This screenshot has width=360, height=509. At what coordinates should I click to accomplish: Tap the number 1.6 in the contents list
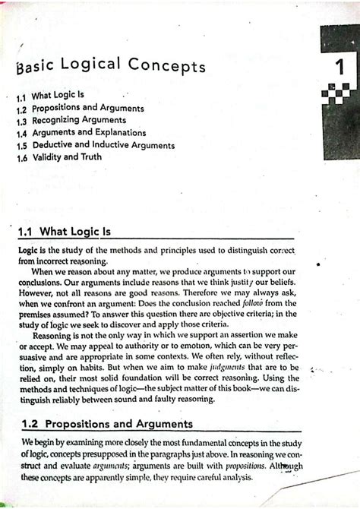pyautogui.click(x=24, y=157)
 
